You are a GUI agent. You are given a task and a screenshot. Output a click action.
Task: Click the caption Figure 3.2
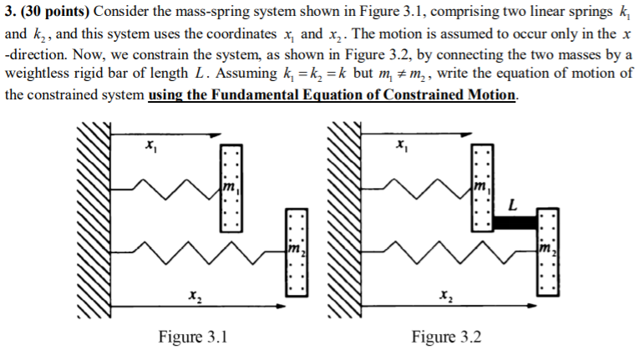click(x=445, y=337)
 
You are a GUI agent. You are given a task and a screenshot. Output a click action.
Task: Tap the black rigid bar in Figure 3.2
click(x=514, y=223)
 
